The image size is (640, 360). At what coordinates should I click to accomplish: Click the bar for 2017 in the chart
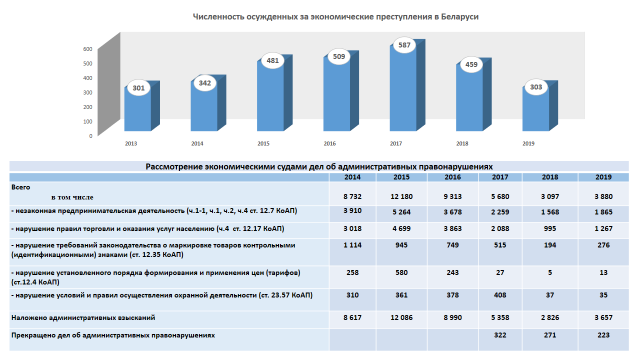[403, 90]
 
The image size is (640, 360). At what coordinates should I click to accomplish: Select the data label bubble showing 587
[404, 45]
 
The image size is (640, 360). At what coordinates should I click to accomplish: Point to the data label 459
[471, 64]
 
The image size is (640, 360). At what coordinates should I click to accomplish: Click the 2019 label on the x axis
[528, 143]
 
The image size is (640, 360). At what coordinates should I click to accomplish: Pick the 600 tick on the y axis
[87, 49]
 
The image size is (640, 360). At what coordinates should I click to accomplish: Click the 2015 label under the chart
[263, 143]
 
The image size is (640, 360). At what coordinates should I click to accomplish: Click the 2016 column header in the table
[452, 177]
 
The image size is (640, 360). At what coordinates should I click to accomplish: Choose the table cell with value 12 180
[401, 196]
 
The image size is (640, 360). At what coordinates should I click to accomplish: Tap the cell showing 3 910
[352, 210]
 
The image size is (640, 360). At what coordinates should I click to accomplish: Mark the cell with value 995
[550, 228]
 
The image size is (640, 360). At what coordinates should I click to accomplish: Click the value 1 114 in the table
[352, 245]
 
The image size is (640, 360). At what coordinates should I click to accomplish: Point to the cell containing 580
[401, 272]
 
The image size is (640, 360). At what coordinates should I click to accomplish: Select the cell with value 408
[500, 295]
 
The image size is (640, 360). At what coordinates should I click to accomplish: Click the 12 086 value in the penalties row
[401, 317]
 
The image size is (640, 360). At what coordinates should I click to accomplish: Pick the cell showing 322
[500, 335]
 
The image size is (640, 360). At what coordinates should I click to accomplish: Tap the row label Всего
[21, 187]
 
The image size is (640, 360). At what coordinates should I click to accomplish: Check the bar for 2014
[204, 107]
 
